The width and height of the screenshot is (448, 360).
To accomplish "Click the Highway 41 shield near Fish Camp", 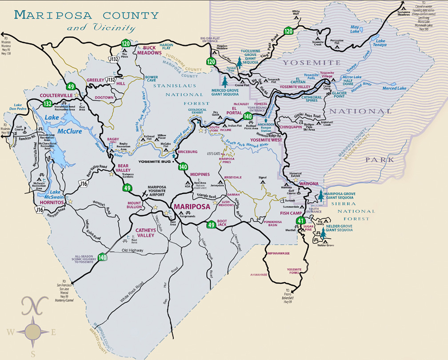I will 301,220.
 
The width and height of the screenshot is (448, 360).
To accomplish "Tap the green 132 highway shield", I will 48,103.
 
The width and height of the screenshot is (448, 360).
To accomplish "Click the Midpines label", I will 203,174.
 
